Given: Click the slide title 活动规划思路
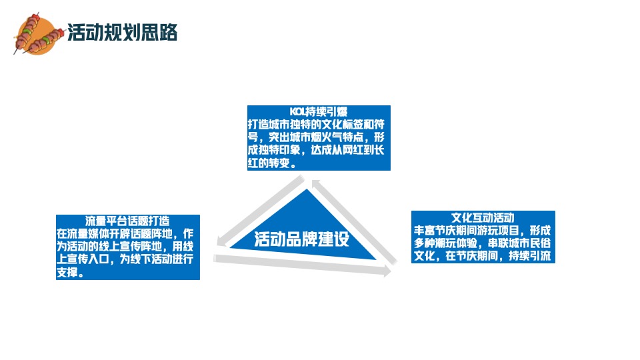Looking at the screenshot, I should point(122,32).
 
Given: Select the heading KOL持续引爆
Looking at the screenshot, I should point(319,111).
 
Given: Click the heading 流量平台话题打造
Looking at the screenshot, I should point(127,221).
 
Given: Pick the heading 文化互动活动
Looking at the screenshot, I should point(483,217).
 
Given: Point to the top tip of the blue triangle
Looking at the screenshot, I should point(307,191).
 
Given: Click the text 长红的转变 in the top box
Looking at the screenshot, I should point(270,163).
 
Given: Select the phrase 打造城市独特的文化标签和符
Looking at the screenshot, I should point(315,124).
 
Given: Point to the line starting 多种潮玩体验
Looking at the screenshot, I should point(482,243).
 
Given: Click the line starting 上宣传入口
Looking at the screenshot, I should point(125,260).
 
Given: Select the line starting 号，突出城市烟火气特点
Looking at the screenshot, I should point(315,137).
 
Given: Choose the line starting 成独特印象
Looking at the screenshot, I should point(315,151).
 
